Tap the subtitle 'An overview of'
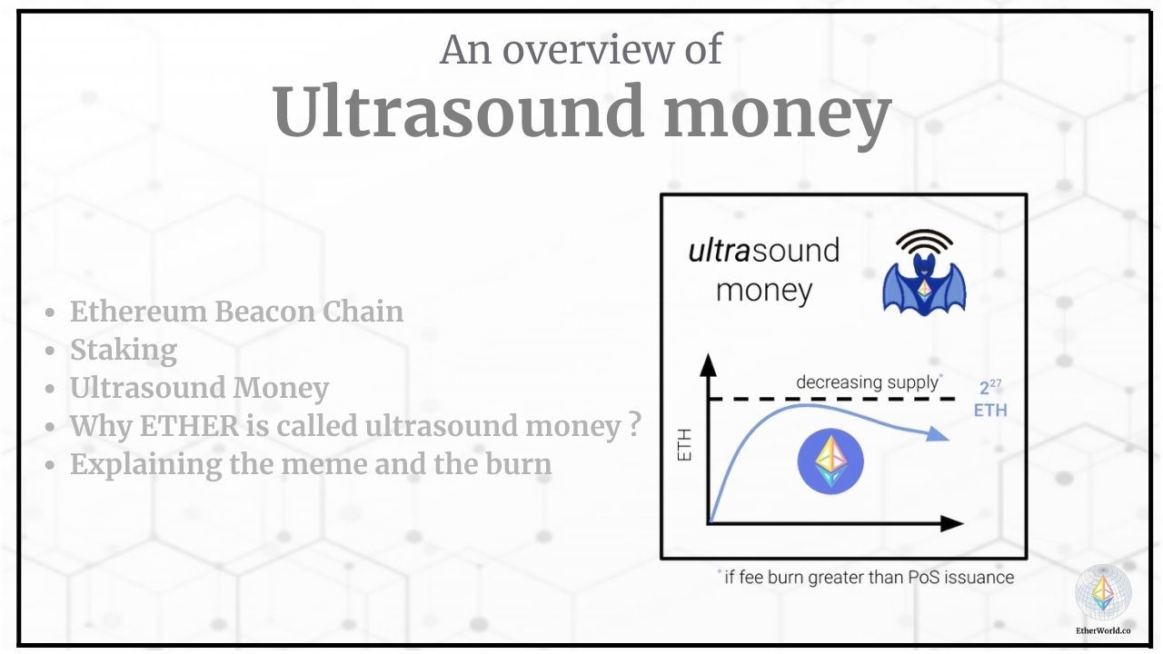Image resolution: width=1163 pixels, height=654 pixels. (581, 49)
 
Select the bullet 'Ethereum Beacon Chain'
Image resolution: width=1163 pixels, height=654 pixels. (236, 312)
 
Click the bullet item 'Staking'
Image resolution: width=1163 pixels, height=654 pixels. (123, 350)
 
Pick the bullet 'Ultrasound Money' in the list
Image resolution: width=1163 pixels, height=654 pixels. (199, 388)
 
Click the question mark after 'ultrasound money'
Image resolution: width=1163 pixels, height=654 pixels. (635, 424)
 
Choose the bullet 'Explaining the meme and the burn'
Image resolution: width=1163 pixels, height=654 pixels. (310, 464)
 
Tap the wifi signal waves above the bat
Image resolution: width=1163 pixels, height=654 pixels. (924, 243)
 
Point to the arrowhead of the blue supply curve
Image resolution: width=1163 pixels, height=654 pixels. (940, 437)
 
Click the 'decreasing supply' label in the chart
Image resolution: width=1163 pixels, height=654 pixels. (867, 382)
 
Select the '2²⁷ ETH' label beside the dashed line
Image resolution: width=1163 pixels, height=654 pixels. (989, 399)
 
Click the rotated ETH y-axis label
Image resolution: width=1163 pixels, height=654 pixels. (685, 444)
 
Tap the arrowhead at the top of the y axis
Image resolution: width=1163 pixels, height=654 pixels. (709, 364)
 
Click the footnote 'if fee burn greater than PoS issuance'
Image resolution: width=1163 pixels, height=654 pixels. (868, 577)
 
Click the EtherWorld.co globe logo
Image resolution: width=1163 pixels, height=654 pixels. (1103, 592)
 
